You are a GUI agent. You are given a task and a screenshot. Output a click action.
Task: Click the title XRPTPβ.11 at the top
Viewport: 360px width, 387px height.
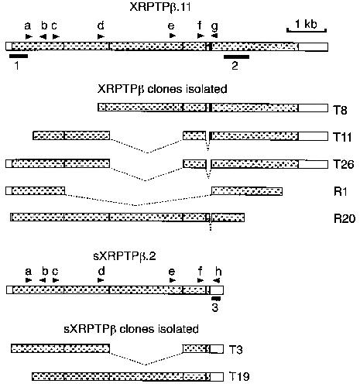point(160,7)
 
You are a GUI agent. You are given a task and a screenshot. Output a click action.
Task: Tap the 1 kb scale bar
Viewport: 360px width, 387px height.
point(307,31)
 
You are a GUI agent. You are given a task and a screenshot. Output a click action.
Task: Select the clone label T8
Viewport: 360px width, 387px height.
point(341,110)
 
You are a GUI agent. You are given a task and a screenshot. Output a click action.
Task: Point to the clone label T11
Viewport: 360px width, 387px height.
point(343,137)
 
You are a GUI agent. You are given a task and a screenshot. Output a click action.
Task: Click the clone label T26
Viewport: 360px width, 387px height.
point(344,164)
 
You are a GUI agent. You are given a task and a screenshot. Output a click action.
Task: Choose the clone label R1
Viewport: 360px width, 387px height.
point(341,192)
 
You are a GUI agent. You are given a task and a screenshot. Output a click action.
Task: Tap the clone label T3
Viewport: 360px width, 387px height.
point(235,350)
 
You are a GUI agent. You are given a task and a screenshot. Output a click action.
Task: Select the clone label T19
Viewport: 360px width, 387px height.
point(239,377)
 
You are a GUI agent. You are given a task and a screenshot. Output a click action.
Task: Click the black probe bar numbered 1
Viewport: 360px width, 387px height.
point(19,56)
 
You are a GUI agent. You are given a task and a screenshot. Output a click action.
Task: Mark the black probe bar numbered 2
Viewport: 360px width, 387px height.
point(236,57)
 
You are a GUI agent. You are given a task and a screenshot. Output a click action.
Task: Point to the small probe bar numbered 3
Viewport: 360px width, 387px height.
point(216,299)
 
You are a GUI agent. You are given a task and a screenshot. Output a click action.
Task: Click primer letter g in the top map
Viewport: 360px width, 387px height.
point(214,26)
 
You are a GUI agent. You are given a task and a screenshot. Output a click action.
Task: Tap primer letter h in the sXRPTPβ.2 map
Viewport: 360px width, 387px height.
point(218,272)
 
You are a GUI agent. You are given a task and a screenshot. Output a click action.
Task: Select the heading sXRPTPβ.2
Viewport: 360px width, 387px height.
point(125,256)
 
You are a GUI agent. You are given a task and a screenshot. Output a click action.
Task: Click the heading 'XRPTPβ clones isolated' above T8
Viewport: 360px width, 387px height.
point(163,89)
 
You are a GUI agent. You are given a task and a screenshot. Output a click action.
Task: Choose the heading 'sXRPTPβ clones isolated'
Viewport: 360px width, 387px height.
point(131,329)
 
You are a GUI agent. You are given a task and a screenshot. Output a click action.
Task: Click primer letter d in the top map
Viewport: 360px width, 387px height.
point(101,26)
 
